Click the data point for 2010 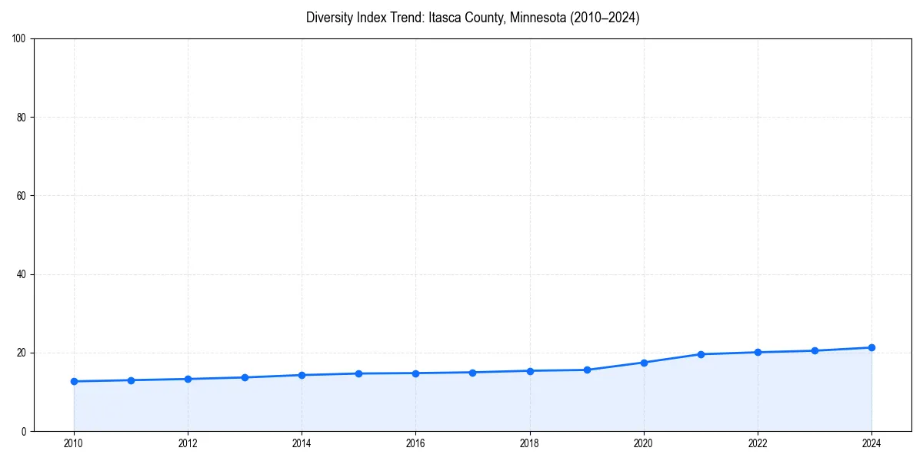74,381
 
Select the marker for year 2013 245,377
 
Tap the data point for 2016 415,373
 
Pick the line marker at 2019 587,370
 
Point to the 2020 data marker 644,363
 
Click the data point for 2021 701,354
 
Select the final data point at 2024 871,347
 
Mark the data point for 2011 131,380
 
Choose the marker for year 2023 815,350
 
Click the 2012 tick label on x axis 188,443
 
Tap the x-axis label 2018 530,443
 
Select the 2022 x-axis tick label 758,443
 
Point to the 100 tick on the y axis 20,39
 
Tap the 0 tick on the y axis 25,431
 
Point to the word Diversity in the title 331,18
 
